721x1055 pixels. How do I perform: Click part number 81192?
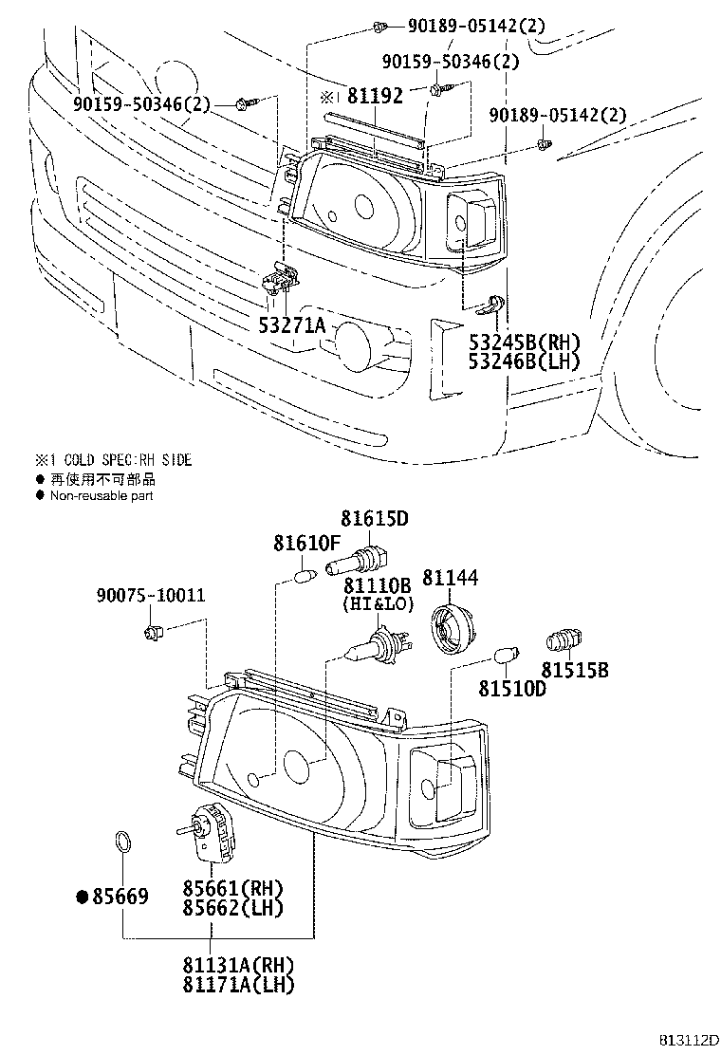point(375,96)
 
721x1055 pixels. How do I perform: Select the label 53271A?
point(291,325)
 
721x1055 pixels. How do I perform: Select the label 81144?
point(450,578)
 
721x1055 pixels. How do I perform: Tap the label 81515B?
point(576,671)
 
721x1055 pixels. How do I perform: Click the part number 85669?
point(120,896)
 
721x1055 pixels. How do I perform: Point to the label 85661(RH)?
point(233,888)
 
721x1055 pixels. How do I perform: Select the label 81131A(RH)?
point(239,966)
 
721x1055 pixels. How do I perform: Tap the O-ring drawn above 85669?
point(122,841)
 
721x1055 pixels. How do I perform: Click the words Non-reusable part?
point(101,495)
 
